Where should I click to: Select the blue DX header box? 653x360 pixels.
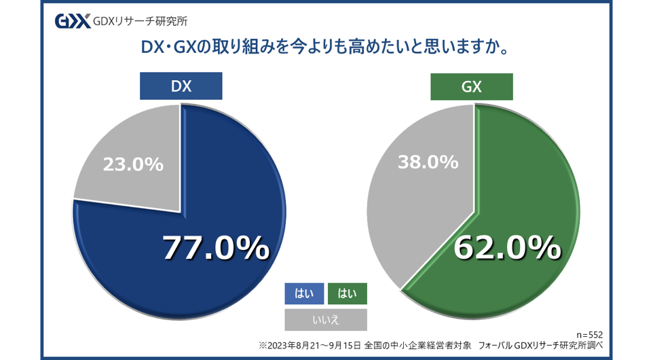181,86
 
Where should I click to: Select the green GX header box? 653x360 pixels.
472,86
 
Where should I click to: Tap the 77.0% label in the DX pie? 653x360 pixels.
215,248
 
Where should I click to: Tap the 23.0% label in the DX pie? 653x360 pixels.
133,164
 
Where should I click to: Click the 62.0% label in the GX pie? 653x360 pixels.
506,248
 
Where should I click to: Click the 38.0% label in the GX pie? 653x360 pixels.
428,162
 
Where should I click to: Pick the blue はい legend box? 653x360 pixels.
303,293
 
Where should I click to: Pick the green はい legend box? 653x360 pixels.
347,293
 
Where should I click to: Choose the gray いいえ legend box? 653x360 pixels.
325,319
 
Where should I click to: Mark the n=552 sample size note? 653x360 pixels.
589,335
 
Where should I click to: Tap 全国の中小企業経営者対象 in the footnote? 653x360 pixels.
417,346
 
